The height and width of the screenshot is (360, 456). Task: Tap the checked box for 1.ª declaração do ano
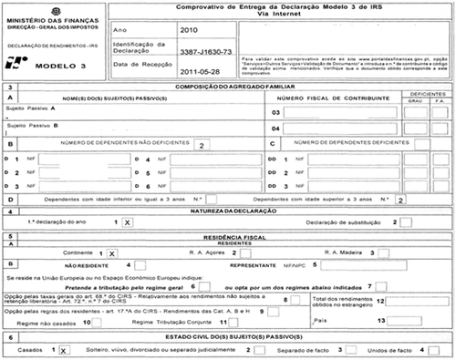point(127,221)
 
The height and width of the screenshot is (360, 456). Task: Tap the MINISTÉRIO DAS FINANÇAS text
point(45,10)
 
